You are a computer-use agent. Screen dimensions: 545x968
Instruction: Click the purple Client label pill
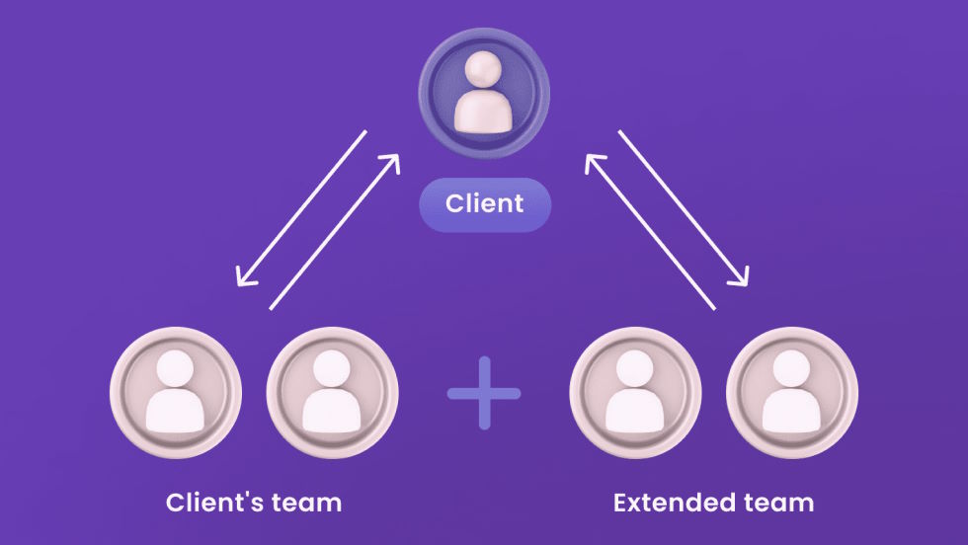484,204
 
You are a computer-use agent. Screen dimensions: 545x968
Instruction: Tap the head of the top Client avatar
484,70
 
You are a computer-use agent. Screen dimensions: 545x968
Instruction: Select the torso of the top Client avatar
484,109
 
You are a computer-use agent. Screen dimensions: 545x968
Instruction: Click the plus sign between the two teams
484,393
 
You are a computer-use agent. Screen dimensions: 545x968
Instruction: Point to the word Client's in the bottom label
213,502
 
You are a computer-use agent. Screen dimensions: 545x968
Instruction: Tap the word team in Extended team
781,502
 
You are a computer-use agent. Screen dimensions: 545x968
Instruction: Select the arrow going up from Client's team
334,232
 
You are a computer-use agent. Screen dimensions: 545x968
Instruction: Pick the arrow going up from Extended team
650,232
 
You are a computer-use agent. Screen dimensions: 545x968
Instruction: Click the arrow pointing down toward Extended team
683,208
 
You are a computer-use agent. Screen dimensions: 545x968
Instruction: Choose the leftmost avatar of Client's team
176,393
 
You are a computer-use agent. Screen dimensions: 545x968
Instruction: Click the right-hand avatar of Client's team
333,393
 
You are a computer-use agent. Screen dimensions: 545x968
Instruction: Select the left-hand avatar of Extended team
636,393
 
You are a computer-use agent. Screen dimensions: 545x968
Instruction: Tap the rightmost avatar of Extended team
792,393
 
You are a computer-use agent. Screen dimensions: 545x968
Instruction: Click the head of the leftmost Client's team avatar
176,369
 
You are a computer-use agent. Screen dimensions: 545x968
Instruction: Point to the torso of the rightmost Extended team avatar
792,411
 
